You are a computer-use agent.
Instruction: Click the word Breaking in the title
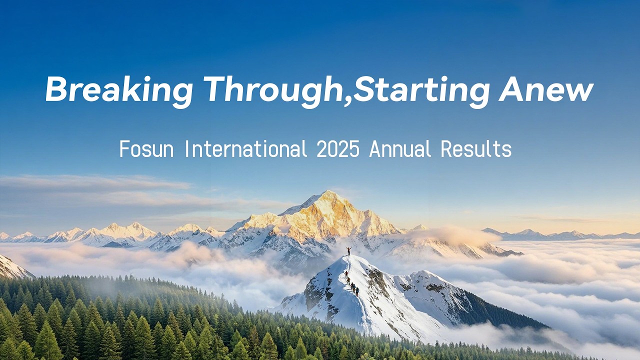pos(119,90)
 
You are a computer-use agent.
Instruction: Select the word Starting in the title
pos(421,90)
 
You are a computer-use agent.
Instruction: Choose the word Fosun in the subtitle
pos(146,149)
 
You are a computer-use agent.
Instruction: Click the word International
pos(245,149)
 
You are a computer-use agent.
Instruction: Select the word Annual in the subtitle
pos(399,149)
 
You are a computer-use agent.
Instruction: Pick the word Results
pos(476,149)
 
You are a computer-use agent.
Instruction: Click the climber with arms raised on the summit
pos(348,250)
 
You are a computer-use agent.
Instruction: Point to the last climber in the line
pos(357,291)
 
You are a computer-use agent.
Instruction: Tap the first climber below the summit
pos(345,274)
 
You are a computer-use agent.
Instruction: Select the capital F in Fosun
pos(124,149)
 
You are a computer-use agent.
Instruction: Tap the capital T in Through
pos(215,90)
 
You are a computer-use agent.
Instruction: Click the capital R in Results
pos(446,149)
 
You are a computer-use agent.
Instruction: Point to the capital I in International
pos(187,149)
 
